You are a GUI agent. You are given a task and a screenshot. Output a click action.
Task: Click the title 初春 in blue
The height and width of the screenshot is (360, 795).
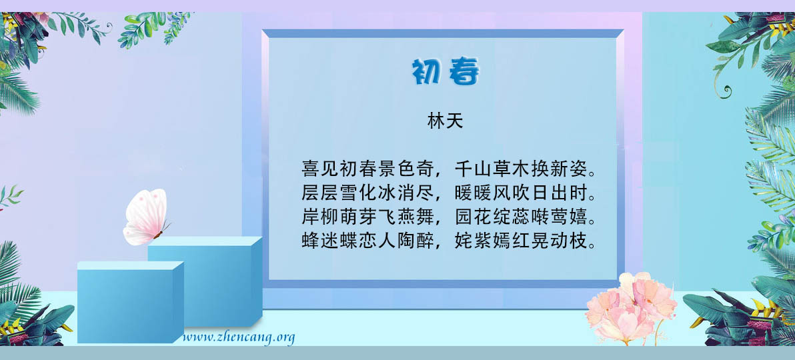pos(445,72)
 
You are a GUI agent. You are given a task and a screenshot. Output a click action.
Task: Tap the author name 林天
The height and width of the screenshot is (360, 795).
pos(445,122)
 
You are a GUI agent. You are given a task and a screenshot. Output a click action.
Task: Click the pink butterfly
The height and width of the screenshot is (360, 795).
pos(146,217)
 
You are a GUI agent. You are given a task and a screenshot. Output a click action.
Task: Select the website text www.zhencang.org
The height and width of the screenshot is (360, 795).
pos(239,337)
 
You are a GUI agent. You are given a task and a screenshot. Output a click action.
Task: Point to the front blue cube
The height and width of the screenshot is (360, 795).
pos(130,302)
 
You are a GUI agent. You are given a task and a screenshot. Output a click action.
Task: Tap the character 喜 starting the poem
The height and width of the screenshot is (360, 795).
pos(310,168)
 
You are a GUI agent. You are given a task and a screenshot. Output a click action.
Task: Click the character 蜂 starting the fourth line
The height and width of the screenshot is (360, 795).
pos(310,241)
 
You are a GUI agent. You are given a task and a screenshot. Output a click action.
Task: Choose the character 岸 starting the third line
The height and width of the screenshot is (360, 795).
pos(310,217)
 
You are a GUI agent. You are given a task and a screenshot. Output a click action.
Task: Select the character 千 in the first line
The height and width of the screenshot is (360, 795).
pos(464,168)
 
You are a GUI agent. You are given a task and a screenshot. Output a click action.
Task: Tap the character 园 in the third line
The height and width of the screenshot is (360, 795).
pos(464,217)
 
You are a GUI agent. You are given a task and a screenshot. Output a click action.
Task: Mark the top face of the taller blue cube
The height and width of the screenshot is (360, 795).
pos(205,241)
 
